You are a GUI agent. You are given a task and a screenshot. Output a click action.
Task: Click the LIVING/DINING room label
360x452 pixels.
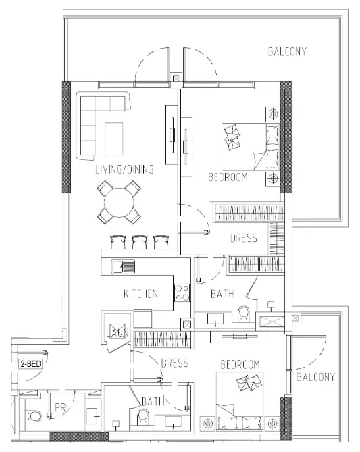(124, 170)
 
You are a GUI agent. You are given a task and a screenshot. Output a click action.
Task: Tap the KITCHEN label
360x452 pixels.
(140, 294)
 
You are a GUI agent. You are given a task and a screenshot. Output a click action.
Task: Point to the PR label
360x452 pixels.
(60, 409)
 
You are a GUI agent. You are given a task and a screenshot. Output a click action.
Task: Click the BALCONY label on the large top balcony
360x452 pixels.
(287, 51)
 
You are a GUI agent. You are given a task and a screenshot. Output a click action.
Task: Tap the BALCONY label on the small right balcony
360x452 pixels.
(315, 376)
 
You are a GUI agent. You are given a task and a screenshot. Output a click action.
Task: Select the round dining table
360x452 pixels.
(119, 203)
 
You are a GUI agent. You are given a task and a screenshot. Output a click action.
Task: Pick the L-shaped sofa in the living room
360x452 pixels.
(95, 122)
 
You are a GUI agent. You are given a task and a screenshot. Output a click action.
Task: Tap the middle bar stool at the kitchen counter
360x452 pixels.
(140, 241)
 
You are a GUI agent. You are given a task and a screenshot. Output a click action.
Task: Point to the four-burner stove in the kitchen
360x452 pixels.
(182, 293)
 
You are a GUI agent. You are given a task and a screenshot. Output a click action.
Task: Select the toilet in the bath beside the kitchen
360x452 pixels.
(245, 315)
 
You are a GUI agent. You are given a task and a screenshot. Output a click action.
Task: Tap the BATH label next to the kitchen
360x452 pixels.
(222, 294)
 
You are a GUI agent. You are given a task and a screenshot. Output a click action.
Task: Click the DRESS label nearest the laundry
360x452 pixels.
(174, 363)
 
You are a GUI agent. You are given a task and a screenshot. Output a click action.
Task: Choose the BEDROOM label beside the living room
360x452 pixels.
(227, 178)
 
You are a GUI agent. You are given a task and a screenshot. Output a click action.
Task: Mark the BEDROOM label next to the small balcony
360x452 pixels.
(240, 365)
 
